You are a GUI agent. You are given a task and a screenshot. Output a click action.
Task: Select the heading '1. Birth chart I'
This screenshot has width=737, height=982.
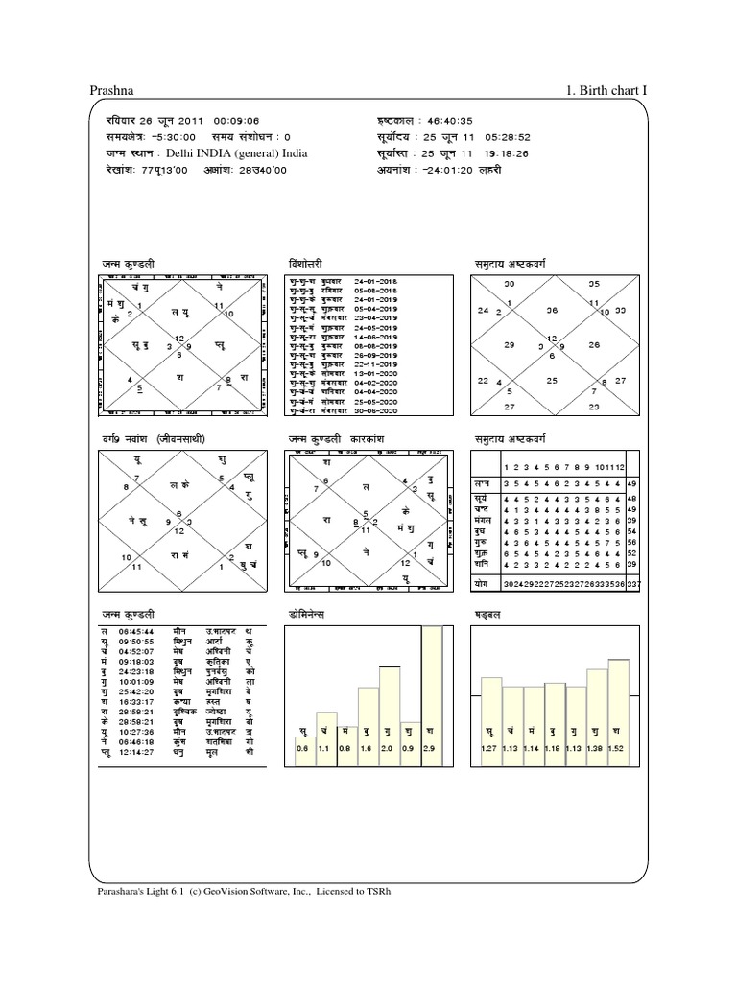[x=607, y=90]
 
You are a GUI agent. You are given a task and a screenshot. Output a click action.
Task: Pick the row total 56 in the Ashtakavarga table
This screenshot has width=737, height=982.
[x=632, y=542]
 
